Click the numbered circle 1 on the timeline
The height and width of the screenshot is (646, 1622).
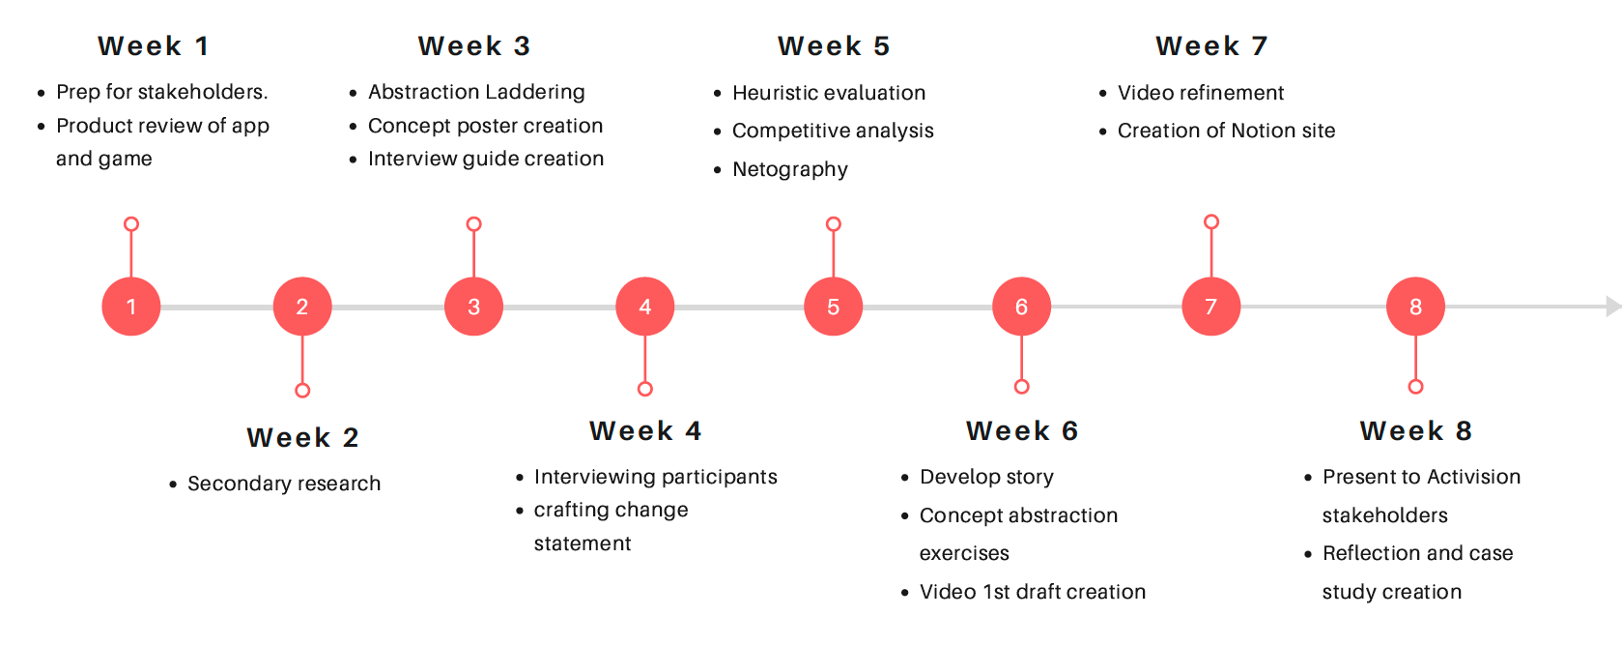[131, 307]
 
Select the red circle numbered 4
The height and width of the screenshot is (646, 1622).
[644, 307]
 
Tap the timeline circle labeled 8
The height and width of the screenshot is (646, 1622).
[1415, 307]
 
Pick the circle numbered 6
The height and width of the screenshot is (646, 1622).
[1021, 307]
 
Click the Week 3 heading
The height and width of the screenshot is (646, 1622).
[474, 46]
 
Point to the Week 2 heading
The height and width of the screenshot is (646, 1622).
[302, 438]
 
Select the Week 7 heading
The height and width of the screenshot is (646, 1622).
[1211, 46]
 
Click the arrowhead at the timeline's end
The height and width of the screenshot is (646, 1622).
[1612, 307]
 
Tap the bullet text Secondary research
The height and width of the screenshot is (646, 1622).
[284, 484]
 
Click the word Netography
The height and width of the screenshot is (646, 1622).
[790, 169]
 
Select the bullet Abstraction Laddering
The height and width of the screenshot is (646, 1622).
[476, 92]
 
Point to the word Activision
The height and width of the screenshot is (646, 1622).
[1474, 477]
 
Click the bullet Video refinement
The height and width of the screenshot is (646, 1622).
[1201, 93]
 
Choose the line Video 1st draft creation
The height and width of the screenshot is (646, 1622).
[1033, 592]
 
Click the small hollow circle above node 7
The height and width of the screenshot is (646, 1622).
[1211, 222]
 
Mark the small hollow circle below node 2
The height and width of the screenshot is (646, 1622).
[302, 391]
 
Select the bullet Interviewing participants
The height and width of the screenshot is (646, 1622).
[655, 477]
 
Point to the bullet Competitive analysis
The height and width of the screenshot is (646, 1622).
[833, 131]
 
